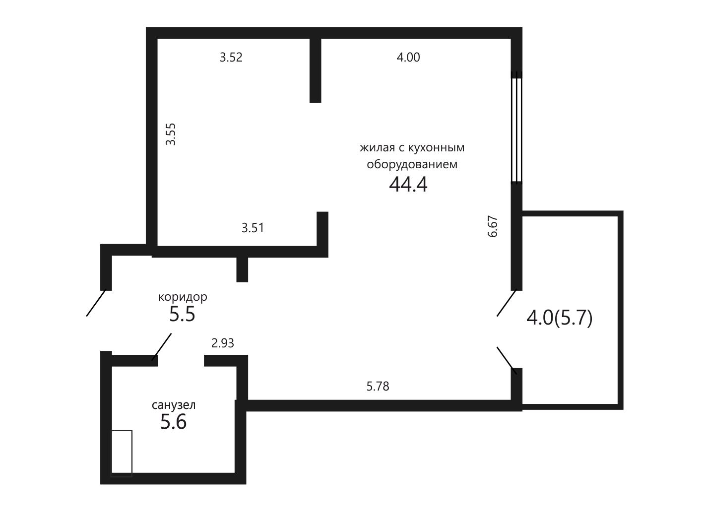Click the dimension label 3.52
231,57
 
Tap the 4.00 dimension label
408,57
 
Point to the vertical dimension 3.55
170,134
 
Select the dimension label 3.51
253,228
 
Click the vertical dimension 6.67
493,227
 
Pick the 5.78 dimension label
378,387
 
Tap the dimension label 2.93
223,343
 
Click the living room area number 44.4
408,185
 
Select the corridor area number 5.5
182,314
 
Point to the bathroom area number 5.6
173,422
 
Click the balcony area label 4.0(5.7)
560,318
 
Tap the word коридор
183,297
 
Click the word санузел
174,405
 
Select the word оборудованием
412,164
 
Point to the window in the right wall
516,128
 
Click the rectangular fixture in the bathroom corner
122,454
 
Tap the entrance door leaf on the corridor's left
96,303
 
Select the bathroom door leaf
161,347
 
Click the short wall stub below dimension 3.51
242,269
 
